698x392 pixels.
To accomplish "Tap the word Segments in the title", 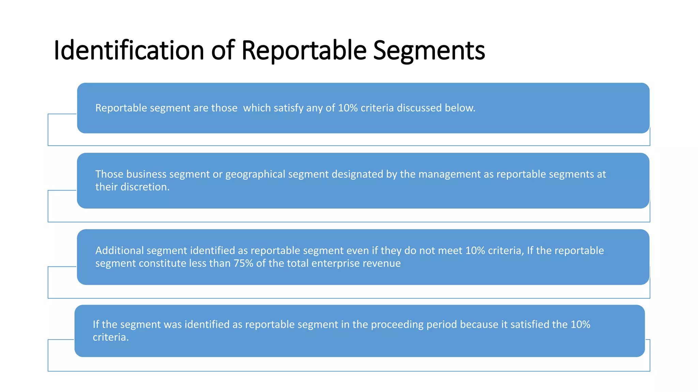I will point(429,50).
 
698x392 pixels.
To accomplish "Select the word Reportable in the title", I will point(304,50).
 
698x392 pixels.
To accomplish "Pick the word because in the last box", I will point(479,325).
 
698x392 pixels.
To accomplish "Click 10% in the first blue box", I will point(348,108).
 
